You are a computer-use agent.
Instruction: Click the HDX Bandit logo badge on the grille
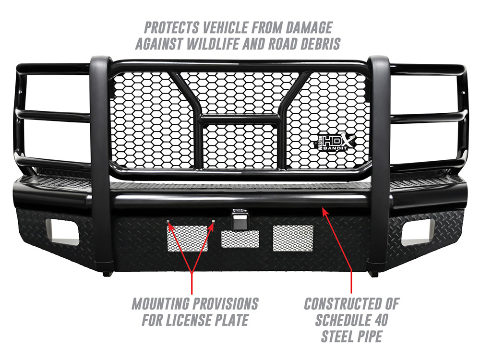336,142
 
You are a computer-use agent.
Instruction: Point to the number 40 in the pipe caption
379,320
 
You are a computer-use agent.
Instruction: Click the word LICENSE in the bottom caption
189,320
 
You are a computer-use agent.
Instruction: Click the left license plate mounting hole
168,221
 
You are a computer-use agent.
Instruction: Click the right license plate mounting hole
214,221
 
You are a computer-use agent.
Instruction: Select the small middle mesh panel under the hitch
240,239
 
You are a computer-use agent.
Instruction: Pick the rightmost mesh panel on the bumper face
293,238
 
